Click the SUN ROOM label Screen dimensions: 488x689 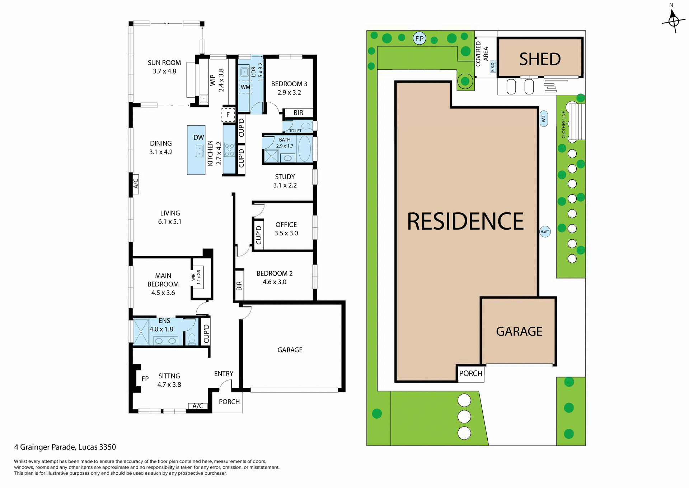(164, 63)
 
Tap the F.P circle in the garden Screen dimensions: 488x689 (419, 38)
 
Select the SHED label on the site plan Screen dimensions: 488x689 (540, 59)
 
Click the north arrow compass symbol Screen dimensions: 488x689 (674, 21)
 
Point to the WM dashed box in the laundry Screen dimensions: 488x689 (245, 87)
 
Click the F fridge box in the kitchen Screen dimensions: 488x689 (228, 115)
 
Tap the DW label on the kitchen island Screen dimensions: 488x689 (198, 138)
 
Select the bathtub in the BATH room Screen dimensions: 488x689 (304, 148)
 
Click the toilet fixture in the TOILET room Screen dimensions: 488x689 (306, 126)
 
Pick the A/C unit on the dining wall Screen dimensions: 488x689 (136, 184)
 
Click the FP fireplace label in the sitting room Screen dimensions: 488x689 (145, 379)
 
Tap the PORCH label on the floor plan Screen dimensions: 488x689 (229, 402)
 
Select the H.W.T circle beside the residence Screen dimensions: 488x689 (545, 231)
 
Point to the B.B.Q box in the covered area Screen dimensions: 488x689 (493, 66)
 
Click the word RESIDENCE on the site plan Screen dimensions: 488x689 (465, 221)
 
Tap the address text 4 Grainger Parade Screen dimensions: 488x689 (65, 447)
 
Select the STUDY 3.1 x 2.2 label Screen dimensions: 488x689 (285, 181)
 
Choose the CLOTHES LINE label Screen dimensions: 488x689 (563, 125)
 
